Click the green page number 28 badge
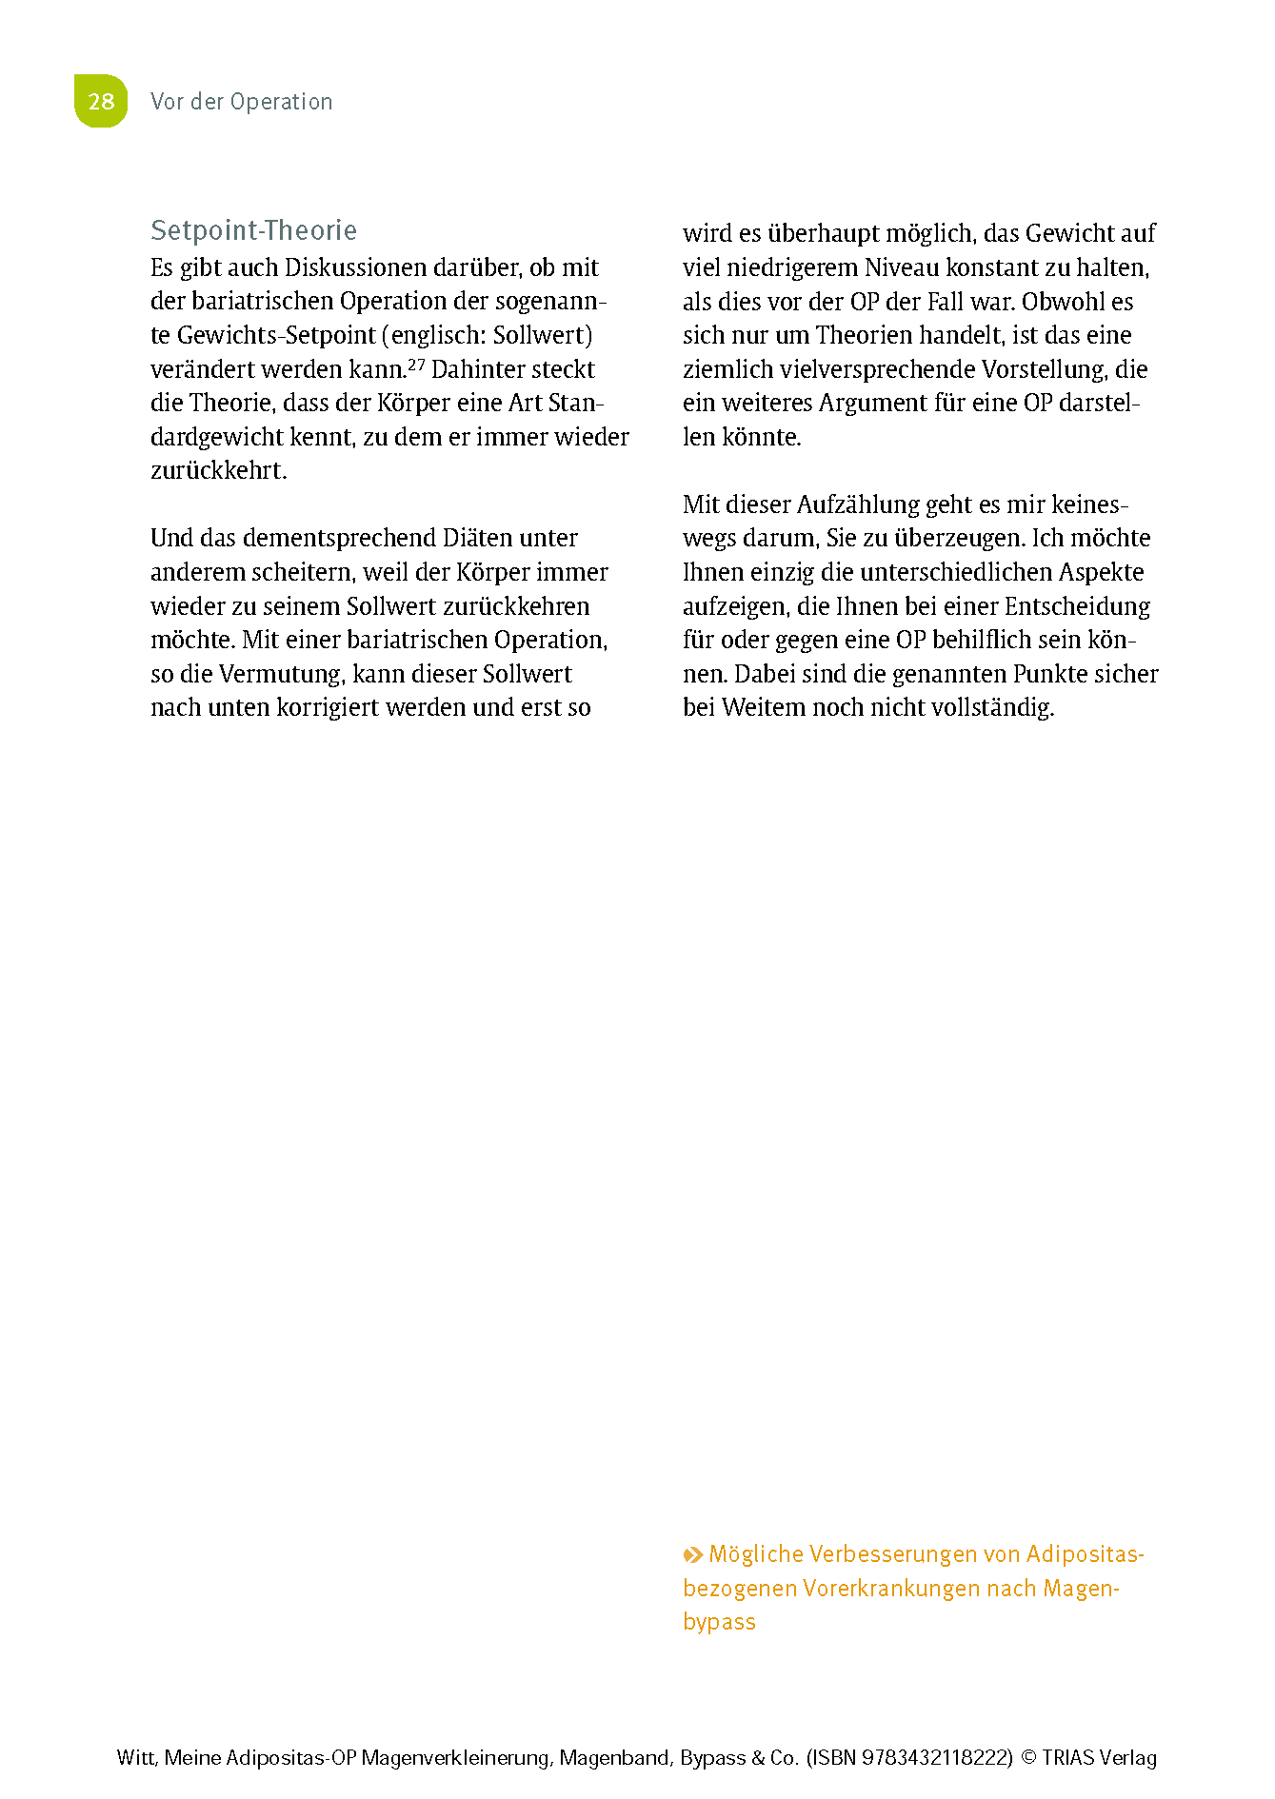[x=101, y=101]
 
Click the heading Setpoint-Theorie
[x=253, y=230]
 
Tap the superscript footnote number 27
[x=416, y=364]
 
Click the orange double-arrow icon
[x=693, y=1555]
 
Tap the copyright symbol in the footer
[x=1028, y=1758]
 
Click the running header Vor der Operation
[x=242, y=102]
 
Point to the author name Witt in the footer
[x=136, y=1758]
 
